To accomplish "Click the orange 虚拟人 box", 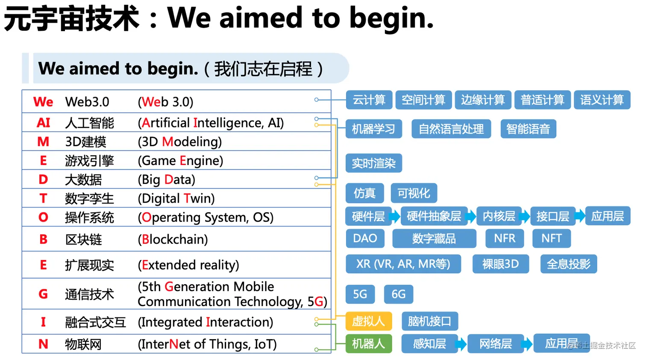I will [368, 321].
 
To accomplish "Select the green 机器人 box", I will [368, 343].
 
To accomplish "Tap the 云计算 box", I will [369, 100].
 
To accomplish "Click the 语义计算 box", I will [602, 100].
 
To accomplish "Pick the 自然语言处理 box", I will [451, 129].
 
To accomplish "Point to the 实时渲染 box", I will [373, 163].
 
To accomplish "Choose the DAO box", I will [365, 239].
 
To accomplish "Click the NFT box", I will [551, 239].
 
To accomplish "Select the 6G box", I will [398, 294].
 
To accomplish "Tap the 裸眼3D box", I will [500, 264].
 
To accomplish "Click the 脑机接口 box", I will [429, 321].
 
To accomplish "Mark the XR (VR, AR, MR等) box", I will [403, 264].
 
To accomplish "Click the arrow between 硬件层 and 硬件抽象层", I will [395, 216].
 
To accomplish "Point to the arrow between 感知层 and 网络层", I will [461, 344].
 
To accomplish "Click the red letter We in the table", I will [43, 102].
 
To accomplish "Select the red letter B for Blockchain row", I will [43, 239].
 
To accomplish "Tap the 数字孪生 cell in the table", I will [89, 199].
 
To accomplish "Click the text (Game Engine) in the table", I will [180, 161].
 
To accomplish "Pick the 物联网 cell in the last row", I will [83, 344].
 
